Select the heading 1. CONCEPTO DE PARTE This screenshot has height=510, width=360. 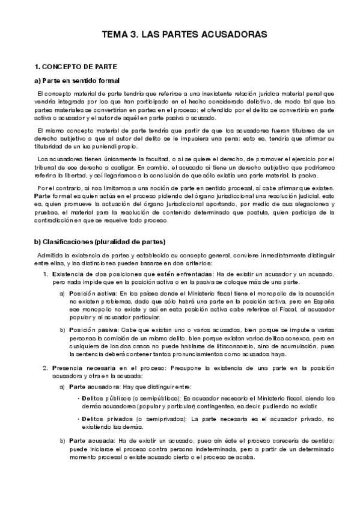pyautogui.click(x=75, y=66)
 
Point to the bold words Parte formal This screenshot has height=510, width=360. pyautogui.click(x=53, y=196)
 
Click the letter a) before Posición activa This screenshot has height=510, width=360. pyautogui.click(x=63, y=293)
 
